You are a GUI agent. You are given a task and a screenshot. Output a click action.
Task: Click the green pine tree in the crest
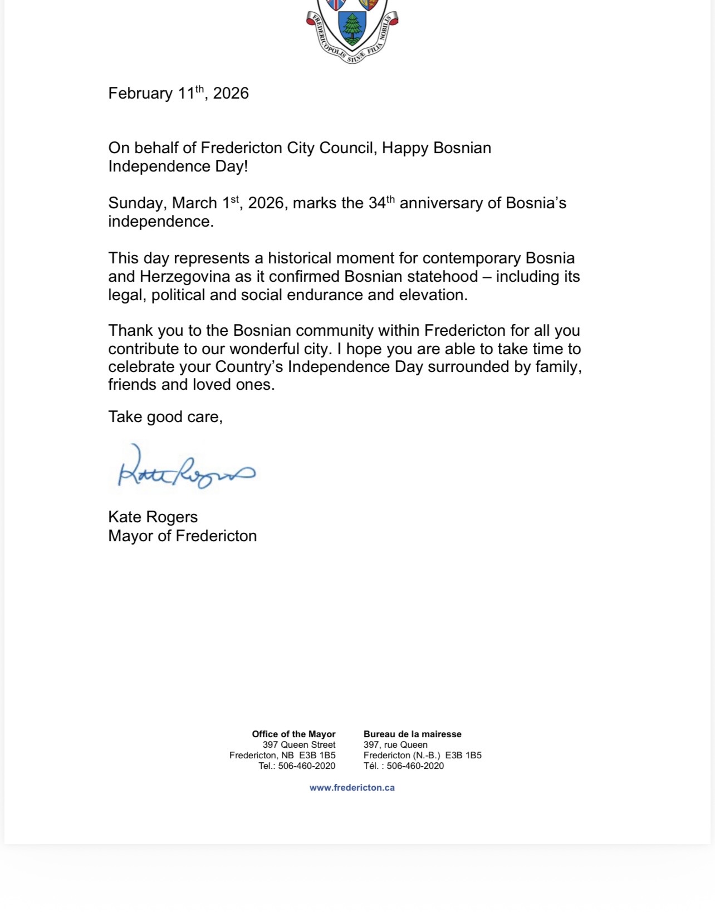352,28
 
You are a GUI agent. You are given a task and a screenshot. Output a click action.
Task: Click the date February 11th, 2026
178,93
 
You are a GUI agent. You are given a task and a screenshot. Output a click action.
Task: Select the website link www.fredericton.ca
352,787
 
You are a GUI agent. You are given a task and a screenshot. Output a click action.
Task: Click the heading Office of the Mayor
293,734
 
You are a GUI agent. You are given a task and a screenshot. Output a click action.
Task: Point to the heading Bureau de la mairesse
412,734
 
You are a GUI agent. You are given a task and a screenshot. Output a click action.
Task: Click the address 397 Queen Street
299,744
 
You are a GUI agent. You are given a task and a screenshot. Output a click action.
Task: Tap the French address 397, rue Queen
395,744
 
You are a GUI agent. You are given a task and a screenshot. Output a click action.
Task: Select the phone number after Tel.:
307,766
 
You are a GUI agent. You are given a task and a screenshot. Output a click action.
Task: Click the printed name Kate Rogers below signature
153,517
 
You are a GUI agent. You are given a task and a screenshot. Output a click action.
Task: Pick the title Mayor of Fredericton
182,536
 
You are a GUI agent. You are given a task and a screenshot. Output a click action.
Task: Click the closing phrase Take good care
165,416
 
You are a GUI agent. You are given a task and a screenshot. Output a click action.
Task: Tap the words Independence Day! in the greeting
178,166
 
